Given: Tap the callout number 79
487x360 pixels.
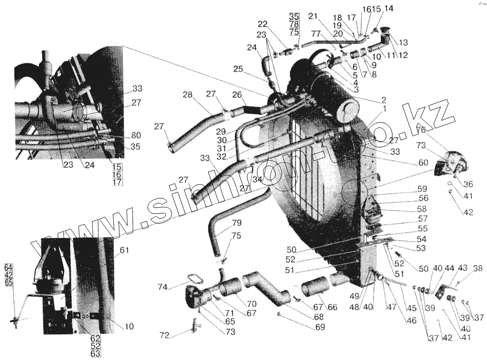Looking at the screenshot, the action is click(237, 224).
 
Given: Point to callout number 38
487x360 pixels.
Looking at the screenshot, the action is click(478, 267).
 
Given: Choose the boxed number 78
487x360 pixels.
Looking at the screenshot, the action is click(294, 24).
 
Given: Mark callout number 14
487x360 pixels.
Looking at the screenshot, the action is click(388, 9).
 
